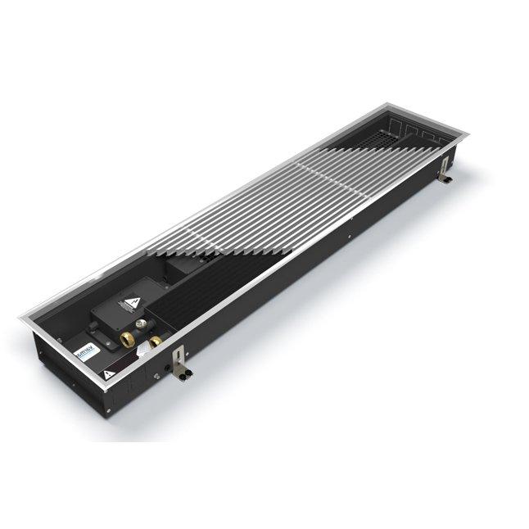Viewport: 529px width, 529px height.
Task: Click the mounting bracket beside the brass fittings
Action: tap(179, 359)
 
